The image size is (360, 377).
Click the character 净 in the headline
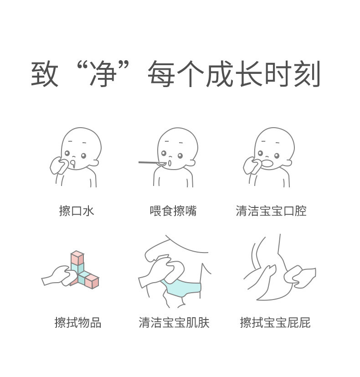103,73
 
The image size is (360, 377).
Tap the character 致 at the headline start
45,73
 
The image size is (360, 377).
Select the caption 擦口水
77,211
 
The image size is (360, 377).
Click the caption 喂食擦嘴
173,211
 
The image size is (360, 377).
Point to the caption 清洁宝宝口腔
271,211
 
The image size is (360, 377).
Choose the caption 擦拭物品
78,322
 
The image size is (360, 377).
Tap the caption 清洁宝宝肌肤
174,322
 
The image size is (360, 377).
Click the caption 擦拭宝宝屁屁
275,322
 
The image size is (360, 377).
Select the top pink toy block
77,257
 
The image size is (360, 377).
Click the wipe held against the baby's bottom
299,277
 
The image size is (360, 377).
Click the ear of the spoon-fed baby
191,163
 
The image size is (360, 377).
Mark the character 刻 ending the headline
307,73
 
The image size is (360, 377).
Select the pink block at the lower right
92,282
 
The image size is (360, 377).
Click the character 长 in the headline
249,73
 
